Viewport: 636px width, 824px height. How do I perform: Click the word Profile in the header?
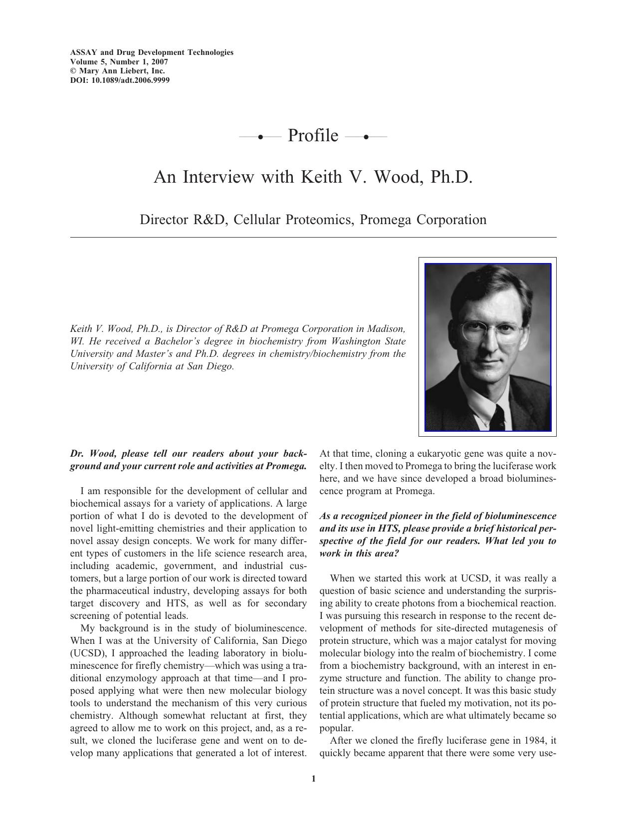[313, 136]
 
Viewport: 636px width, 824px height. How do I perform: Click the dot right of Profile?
[366, 136]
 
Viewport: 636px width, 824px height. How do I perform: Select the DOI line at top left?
[120, 80]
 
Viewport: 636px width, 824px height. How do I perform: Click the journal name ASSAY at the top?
[83, 52]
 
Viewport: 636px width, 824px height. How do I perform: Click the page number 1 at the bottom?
[313, 779]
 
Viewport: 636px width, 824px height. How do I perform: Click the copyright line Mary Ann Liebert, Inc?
[121, 71]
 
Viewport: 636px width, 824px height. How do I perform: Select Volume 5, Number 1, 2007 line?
[119, 62]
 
